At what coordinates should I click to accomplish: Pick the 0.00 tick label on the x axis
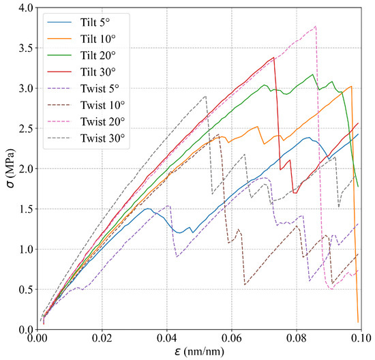click(x=37, y=337)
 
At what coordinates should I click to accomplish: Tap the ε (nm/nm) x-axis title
click(x=199, y=351)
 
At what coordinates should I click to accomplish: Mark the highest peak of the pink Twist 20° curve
click(x=316, y=27)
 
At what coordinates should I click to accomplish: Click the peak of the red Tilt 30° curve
click(x=273, y=57)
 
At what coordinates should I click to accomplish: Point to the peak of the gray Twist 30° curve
click(x=205, y=96)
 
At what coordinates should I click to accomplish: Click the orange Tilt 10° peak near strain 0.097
click(x=351, y=87)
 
